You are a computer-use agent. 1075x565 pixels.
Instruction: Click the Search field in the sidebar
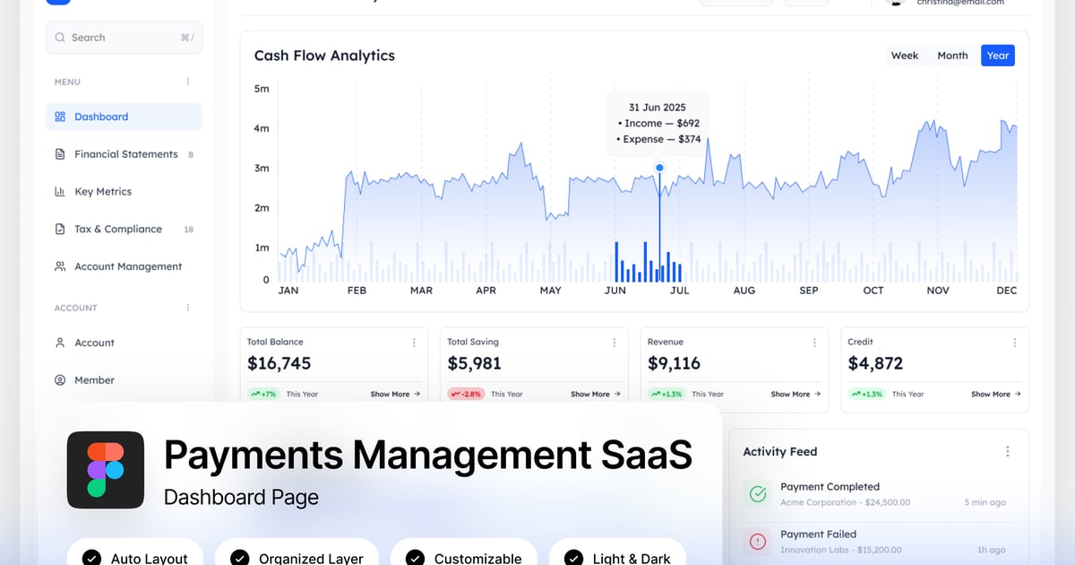pyautogui.click(x=124, y=38)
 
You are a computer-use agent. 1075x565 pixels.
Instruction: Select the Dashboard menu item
pyautogui.click(x=101, y=117)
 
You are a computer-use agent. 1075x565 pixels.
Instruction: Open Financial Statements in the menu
pyautogui.click(x=125, y=154)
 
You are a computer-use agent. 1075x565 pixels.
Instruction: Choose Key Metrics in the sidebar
pyautogui.click(x=102, y=192)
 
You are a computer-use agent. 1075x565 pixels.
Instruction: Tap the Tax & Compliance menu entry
pyautogui.click(x=117, y=230)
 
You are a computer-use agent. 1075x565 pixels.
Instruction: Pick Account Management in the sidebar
pyautogui.click(x=127, y=266)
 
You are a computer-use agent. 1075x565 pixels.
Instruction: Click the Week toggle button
pyautogui.click(x=904, y=56)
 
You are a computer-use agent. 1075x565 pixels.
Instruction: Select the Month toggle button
pyautogui.click(x=952, y=56)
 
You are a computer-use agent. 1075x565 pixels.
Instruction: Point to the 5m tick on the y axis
pyautogui.click(x=262, y=89)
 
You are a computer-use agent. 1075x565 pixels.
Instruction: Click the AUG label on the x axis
pyautogui.click(x=744, y=291)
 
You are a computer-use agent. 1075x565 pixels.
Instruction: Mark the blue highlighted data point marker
pyautogui.click(x=659, y=168)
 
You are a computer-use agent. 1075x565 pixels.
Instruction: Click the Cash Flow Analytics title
pyautogui.click(x=324, y=56)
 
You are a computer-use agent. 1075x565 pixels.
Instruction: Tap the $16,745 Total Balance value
pyautogui.click(x=279, y=363)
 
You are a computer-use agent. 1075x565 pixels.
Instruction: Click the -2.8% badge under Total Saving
pyautogui.click(x=466, y=394)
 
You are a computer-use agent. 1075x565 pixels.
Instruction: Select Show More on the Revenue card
pyautogui.click(x=795, y=394)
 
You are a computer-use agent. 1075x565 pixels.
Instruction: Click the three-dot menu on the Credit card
pyautogui.click(x=1014, y=343)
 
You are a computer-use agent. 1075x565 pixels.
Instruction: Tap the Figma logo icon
pyautogui.click(x=106, y=470)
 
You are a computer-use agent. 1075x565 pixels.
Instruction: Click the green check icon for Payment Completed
pyautogui.click(x=758, y=493)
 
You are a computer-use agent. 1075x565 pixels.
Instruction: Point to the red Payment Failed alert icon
pyautogui.click(x=758, y=541)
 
